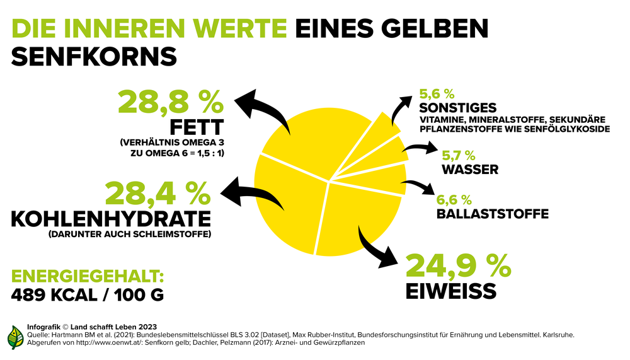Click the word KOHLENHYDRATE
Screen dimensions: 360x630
[x=111, y=219]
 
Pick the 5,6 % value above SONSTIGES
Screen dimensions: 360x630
[x=437, y=94]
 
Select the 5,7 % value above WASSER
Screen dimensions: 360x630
[x=458, y=155]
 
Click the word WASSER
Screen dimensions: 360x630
[x=470, y=169]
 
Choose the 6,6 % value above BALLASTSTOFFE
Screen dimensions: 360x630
[x=454, y=200]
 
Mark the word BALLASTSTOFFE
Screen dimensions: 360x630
[x=492, y=214]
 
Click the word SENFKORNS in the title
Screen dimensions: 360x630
[x=94, y=56]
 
